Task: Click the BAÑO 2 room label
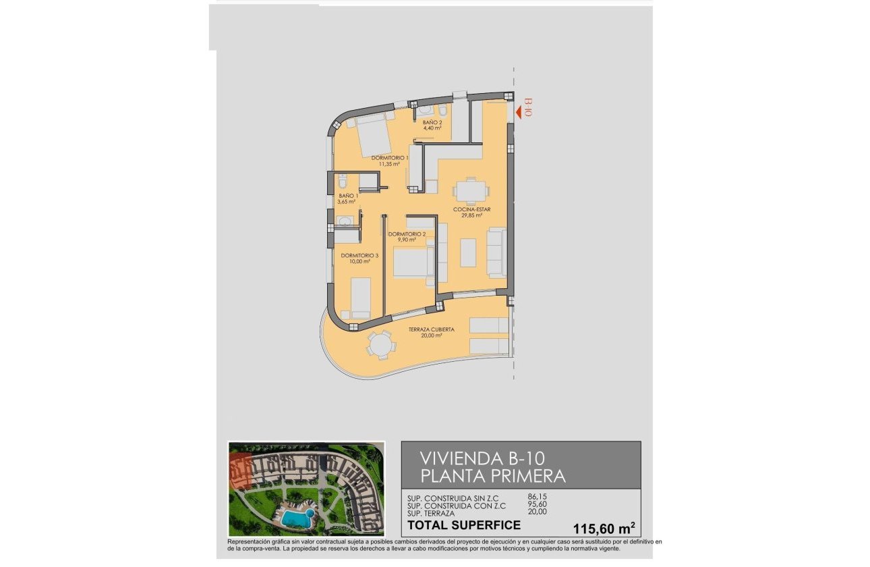pos(432,123)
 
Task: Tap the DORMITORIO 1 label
pos(390,158)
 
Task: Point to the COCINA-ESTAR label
pos(471,209)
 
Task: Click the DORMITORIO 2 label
pos(407,234)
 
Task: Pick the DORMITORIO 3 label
pos(359,256)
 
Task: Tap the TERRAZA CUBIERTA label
pos(431,329)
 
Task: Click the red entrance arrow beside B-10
pos(518,113)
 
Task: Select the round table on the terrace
pos(380,346)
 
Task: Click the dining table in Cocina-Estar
pos(469,190)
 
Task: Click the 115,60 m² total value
pos(603,527)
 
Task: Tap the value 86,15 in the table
pos(537,497)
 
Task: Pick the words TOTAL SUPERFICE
pos(463,525)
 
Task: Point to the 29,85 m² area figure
pos(471,217)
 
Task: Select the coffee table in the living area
pos(469,252)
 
